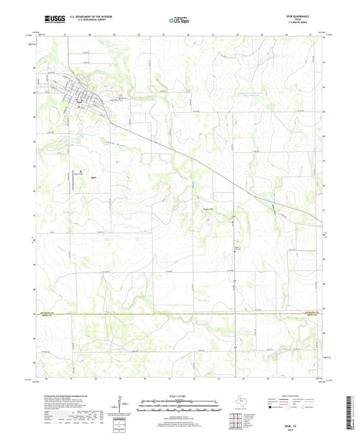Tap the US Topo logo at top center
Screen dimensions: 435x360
(172, 20)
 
